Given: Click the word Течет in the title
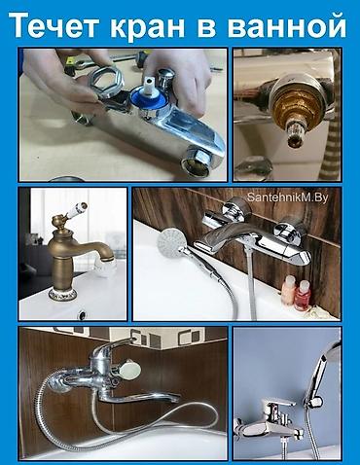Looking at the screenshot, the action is pyautogui.click(x=54, y=25).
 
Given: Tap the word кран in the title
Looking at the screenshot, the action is pyautogui.click(x=147, y=27).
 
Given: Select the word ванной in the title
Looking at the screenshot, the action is pyautogui.click(x=286, y=26).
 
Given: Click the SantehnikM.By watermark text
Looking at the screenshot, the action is pyautogui.click(x=288, y=197).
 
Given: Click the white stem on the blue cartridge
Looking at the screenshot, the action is pyautogui.click(x=149, y=86).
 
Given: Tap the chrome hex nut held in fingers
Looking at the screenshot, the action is pyautogui.click(x=105, y=81).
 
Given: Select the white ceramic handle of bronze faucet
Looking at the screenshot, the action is pyautogui.click(x=75, y=210).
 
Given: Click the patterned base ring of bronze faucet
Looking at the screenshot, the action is pyautogui.click(x=62, y=294).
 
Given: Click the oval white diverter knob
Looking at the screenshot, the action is pyautogui.click(x=130, y=370).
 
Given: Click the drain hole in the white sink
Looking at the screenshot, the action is pyautogui.click(x=82, y=314).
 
